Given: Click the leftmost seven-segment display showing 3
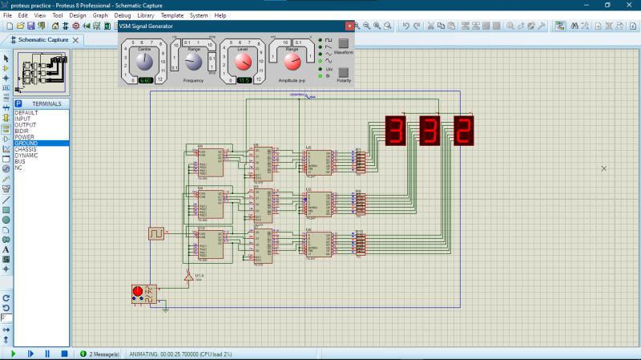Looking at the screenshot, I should point(395,131).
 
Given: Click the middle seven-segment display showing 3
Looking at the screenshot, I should point(429,131).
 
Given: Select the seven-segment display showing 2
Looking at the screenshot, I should point(463,131).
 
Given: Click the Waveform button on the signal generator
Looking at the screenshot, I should point(343,44).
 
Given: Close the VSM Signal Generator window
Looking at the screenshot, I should point(349,27).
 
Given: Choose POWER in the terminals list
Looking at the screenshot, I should point(25,137).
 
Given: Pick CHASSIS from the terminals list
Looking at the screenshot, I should point(26,149).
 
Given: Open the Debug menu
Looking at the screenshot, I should point(123,15).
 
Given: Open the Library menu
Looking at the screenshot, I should point(146,15).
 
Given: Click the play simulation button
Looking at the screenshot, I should point(13,353).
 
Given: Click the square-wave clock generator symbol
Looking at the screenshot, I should point(156,233).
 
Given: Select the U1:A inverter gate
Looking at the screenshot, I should point(188,277).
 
